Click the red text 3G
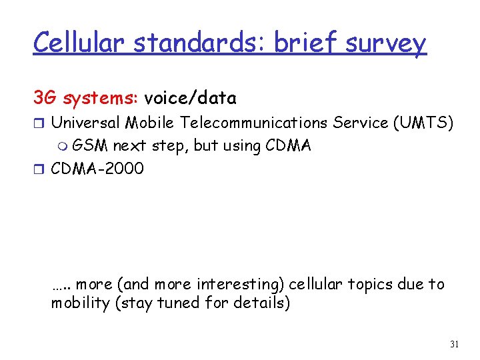tap(45, 99)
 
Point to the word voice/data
tap(190, 99)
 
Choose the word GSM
tap(90, 145)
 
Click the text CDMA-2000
tap(97, 168)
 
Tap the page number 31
tap(455, 344)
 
